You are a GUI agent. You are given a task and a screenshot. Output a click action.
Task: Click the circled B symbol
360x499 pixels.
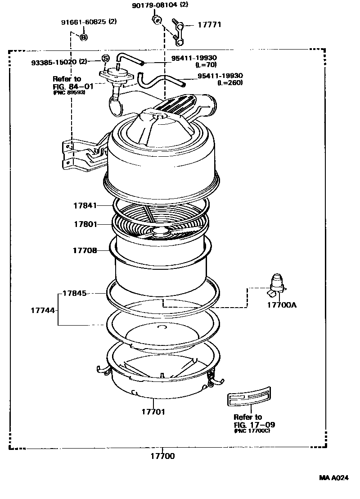tap(83, 37)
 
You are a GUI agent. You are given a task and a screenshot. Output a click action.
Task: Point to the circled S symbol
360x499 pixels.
tap(105, 58)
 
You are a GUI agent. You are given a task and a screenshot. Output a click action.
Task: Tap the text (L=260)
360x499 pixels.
tap(230, 83)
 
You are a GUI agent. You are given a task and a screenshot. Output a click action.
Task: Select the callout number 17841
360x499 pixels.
tap(85, 206)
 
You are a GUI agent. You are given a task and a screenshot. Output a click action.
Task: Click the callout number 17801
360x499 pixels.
tap(85, 223)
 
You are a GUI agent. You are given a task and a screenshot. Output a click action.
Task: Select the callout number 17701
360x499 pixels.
tap(154, 411)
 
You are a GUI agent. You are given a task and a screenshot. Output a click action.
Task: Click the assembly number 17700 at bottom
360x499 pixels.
tap(162, 456)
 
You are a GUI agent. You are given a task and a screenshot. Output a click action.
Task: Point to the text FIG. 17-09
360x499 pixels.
tap(255, 424)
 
